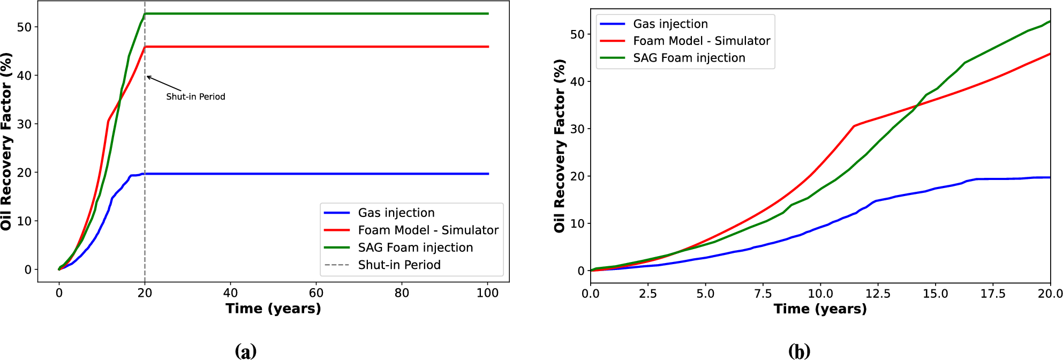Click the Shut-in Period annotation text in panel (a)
195,97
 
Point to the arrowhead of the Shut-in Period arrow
148,77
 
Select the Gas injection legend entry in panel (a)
396,213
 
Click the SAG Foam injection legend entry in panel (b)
689,58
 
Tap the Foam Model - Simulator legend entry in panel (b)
701,41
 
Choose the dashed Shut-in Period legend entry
399,265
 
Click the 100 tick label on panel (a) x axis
487,293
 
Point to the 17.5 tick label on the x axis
993,294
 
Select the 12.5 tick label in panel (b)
878,294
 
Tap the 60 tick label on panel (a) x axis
316,293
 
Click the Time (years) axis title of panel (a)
273,309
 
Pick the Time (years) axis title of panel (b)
820,309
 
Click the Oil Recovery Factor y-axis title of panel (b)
560,146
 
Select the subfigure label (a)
246,351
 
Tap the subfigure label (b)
799,351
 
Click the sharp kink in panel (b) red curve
854,126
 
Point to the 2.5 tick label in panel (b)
648,294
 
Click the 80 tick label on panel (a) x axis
402,293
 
